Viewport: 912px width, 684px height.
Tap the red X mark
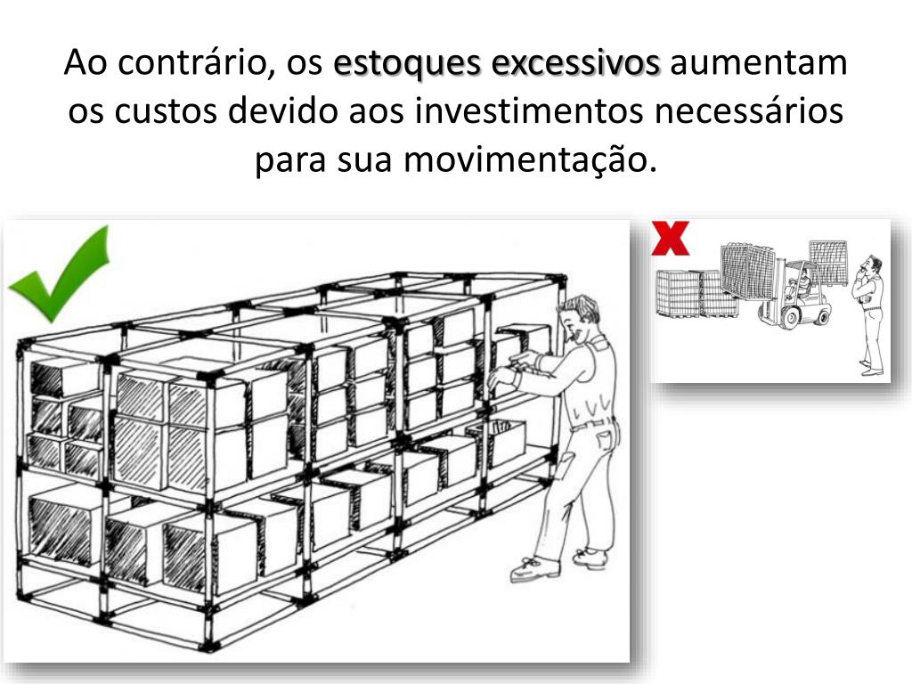pyautogui.click(x=670, y=239)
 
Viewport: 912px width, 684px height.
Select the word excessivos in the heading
pyautogui.click(x=574, y=62)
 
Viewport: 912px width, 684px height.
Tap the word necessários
pyautogui.click(x=748, y=110)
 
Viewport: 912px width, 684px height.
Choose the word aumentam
pyautogui.click(x=759, y=63)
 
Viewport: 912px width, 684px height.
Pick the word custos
pyautogui.click(x=164, y=110)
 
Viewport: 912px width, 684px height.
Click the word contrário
pyautogui.click(x=193, y=64)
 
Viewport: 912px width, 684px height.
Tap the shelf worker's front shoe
pyautogui.click(x=534, y=569)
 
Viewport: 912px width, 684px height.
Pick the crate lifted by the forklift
pyautogui.click(x=747, y=271)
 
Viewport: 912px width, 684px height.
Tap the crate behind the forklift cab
pyautogui.click(x=828, y=263)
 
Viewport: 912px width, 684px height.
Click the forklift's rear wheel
pyautogui.click(x=822, y=316)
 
